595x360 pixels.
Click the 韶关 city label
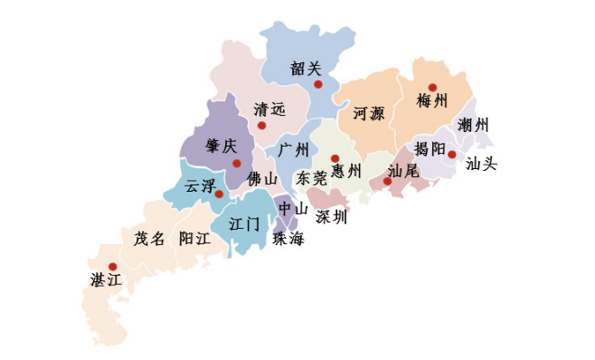click(306, 68)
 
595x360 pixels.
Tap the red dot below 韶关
click(318, 85)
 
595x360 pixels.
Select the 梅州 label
click(432, 101)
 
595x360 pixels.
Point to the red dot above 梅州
click(432, 88)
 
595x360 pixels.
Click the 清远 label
click(269, 109)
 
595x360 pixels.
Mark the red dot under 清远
click(262, 125)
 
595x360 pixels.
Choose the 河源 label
click(368, 114)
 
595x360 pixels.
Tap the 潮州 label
click(474, 125)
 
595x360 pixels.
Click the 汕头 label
click(481, 166)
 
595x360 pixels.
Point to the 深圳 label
click(331, 217)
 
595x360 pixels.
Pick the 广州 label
click(294, 149)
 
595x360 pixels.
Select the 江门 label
click(245, 223)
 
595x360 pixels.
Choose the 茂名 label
click(149, 239)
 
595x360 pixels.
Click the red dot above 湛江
click(112, 267)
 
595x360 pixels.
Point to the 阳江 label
click(194, 239)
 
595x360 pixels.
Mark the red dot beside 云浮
click(219, 194)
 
